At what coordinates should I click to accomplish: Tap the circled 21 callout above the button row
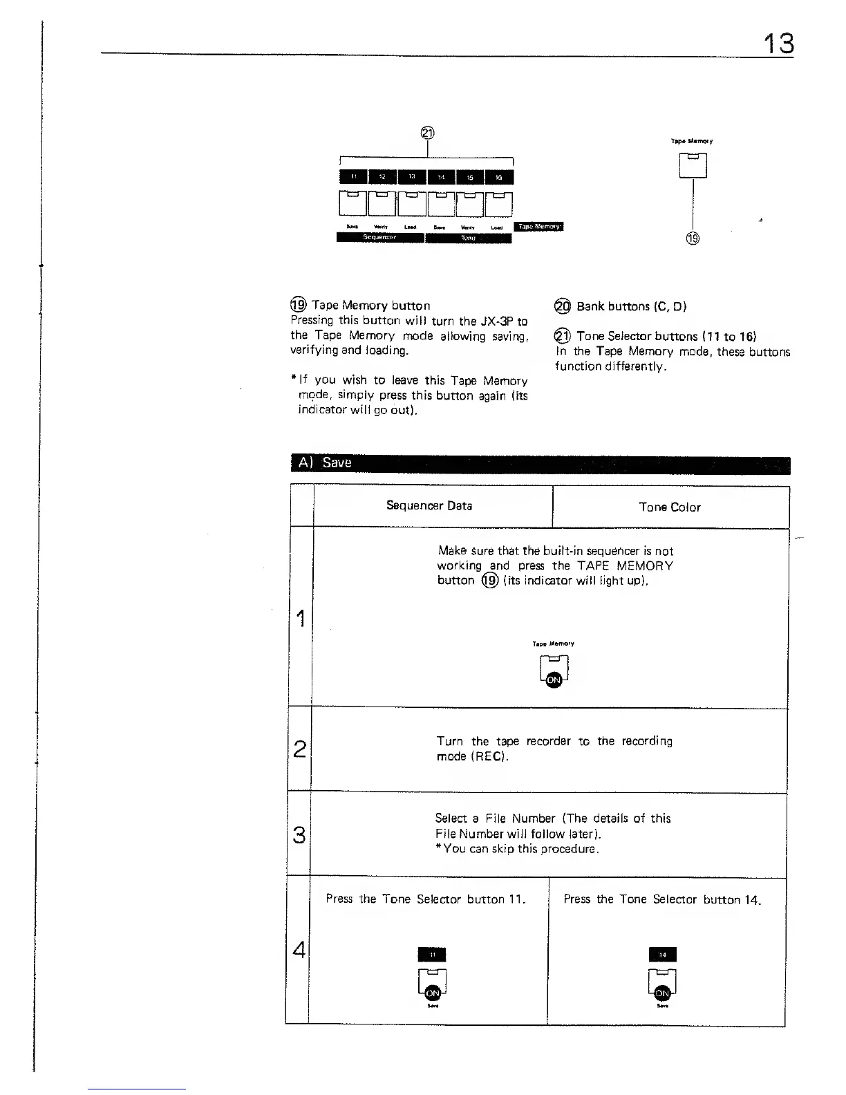(x=428, y=133)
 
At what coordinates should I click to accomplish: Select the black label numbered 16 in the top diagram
(x=499, y=177)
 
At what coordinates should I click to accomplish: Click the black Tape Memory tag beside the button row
(x=540, y=226)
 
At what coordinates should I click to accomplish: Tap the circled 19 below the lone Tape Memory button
(x=693, y=238)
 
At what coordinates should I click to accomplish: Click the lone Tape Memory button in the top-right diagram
(x=693, y=165)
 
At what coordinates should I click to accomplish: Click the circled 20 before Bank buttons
(x=563, y=306)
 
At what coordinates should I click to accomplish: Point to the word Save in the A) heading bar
(x=337, y=462)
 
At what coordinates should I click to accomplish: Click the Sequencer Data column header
(x=429, y=505)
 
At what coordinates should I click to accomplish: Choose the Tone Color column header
(x=670, y=507)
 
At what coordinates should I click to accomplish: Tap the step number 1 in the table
(x=300, y=617)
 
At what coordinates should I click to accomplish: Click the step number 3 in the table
(x=299, y=835)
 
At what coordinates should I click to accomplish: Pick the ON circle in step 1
(x=554, y=680)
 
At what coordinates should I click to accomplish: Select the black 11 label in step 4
(x=432, y=955)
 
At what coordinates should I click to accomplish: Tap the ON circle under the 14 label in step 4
(x=661, y=993)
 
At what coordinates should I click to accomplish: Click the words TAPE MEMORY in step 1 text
(x=625, y=565)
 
